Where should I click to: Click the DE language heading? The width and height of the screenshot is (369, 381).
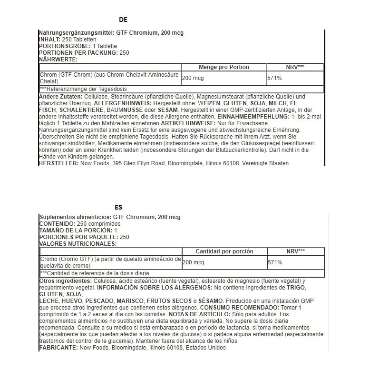tap(123, 20)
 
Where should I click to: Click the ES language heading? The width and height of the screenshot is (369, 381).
tap(118, 207)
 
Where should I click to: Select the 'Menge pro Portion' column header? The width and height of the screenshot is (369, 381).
tap(223, 67)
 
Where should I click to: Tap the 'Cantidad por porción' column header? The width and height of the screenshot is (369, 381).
tap(224, 251)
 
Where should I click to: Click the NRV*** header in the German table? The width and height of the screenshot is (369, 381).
tap(295, 67)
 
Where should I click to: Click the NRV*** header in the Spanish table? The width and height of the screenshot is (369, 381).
tap(295, 251)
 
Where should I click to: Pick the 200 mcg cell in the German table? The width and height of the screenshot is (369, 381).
tap(193, 78)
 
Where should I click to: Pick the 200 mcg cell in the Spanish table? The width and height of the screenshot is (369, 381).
tap(193, 262)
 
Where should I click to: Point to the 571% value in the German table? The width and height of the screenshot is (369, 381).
tap(275, 78)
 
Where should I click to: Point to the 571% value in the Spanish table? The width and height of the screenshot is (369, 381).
tap(275, 262)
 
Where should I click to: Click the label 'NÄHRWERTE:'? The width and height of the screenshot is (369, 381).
tap(58, 60)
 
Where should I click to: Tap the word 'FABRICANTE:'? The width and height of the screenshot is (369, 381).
tap(58, 348)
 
